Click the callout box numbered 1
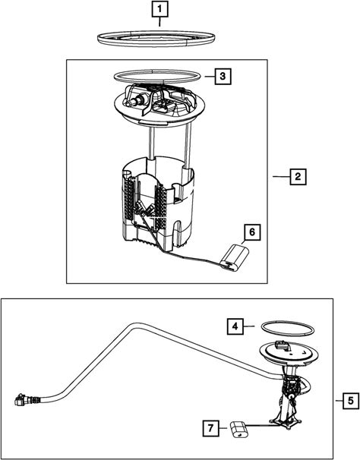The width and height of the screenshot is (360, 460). click(x=159, y=9)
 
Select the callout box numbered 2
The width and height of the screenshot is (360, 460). click(x=298, y=177)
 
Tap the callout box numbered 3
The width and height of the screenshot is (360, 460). click(x=223, y=76)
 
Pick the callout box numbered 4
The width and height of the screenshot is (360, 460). click(x=235, y=326)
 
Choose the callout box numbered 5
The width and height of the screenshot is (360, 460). click(x=351, y=401)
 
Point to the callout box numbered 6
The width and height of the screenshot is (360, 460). click(x=252, y=232)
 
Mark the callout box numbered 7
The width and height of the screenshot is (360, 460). click(x=211, y=428)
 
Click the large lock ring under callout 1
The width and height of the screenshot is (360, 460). click(x=156, y=44)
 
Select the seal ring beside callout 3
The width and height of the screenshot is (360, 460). click(x=157, y=80)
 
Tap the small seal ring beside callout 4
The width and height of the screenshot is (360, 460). click(x=288, y=333)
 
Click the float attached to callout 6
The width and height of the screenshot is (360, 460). click(x=235, y=258)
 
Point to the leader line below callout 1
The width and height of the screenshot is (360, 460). click(x=159, y=22)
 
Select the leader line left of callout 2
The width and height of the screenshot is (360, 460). click(x=281, y=176)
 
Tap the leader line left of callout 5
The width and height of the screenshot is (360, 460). click(x=339, y=401)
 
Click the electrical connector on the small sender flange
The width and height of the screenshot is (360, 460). click(x=283, y=345)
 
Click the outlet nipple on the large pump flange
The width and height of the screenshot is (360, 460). click(x=135, y=100)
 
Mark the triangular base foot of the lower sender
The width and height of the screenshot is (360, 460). click(x=286, y=422)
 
